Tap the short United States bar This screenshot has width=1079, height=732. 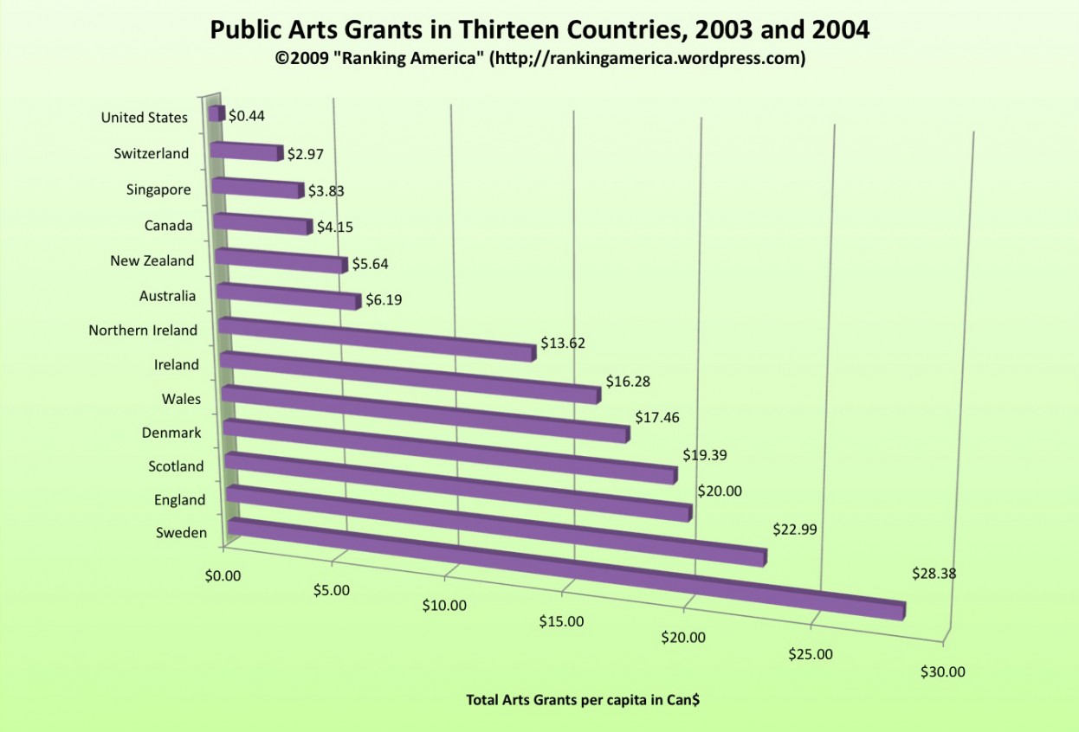(x=216, y=113)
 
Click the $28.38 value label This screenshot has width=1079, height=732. (x=934, y=573)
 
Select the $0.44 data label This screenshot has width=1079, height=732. (x=247, y=115)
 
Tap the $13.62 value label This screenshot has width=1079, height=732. (x=563, y=343)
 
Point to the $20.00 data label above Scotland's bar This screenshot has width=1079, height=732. (x=720, y=491)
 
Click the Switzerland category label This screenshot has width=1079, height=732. (x=151, y=154)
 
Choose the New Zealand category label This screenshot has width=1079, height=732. (x=152, y=260)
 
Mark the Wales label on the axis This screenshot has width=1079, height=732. (x=181, y=399)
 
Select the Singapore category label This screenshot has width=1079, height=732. (x=158, y=189)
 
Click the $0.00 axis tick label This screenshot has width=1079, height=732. (x=224, y=575)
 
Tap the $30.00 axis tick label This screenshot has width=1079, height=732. (x=942, y=671)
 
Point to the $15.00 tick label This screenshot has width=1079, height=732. (x=561, y=621)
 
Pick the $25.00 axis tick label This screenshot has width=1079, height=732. (x=811, y=654)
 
